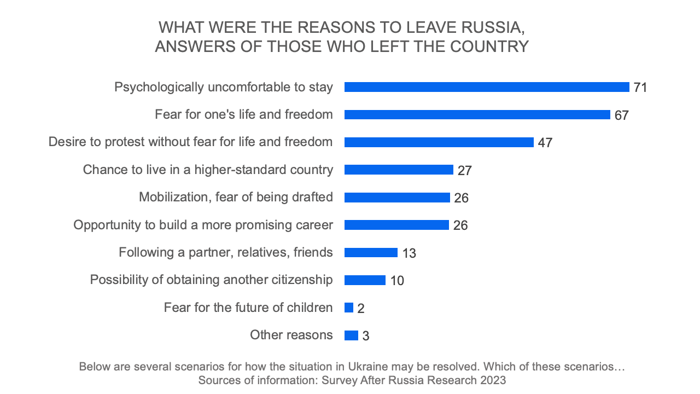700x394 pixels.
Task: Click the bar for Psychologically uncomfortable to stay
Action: pyautogui.click(x=487, y=87)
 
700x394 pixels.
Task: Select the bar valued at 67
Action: pyautogui.click(x=477, y=114)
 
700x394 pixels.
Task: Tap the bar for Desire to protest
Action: pyautogui.click(x=439, y=142)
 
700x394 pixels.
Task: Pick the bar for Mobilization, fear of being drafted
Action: pyautogui.click(x=397, y=198)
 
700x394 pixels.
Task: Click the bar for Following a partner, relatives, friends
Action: pyautogui.click(x=371, y=252)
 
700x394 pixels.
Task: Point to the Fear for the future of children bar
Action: pyautogui.click(x=349, y=308)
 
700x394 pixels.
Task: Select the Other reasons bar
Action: pyautogui.click(x=351, y=335)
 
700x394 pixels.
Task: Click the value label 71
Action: pyautogui.click(x=640, y=88)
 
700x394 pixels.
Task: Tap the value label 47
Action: pyautogui.click(x=545, y=143)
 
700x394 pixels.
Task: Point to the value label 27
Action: pyautogui.click(x=465, y=170)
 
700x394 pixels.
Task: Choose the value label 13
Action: pyautogui.click(x=409, y=253)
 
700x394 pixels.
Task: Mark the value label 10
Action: pyautogui.click(x=397, y=281)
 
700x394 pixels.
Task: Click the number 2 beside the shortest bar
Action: pyautogui.click(x=361, y=309)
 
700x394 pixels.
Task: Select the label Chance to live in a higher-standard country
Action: pyautogui.click(x=208, y=170)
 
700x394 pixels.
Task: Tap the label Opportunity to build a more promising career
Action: pyautogui.click(x=203, y=225)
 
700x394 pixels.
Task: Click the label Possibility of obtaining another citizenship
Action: pyautogui.click(x=211, y=280)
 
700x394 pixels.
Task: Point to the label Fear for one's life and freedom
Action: pyautogui.click(x=244, y=114)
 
